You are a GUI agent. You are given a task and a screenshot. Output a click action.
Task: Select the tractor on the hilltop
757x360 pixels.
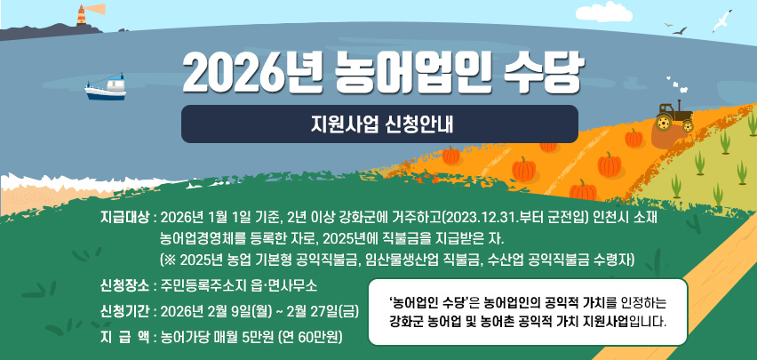[x=674, y=116]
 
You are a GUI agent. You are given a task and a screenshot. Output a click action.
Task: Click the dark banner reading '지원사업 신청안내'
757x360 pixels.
[x=379, y=124]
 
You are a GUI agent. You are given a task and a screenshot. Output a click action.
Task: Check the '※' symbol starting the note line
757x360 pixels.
[x=167, y=260]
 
